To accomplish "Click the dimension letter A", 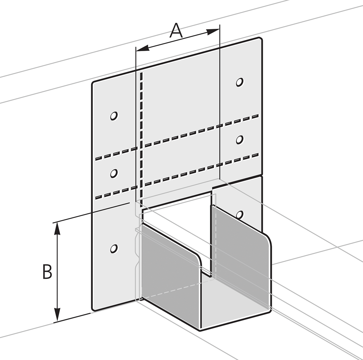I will click(x=176, y=31).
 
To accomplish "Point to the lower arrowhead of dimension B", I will click(x=57, y=314).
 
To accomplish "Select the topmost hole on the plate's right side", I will click(x=240, y=82).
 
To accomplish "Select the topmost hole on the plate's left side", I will click(x=114, y=116).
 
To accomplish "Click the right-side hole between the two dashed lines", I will click(x=240, y=140).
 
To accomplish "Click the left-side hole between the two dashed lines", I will click(x=114, y=173).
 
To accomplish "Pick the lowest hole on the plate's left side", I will click(x=114, y=249).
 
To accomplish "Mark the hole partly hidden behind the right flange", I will click(x=240, y=214).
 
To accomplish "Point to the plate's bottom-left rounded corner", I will click(x=94, y=309).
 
